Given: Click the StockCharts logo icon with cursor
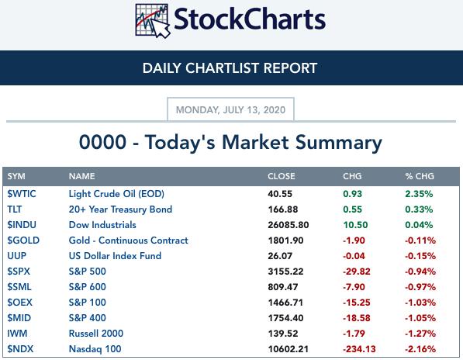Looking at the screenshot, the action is coord(153,21).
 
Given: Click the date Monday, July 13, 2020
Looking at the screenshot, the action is coord(230,110).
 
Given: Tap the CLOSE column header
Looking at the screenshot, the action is coord(281,176).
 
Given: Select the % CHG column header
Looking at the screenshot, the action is coord(420,176).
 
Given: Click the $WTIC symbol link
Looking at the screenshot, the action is coord(22,194).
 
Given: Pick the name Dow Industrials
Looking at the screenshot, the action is coord(102,225).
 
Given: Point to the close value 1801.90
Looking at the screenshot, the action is coord(285,241).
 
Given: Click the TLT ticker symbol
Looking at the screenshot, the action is coord(15,209).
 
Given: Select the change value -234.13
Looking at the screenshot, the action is coord(359,349).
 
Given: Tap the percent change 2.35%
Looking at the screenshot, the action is coord(419,194).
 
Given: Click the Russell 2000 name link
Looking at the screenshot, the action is coord(96,334).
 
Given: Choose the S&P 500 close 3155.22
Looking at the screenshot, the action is coord(285,272).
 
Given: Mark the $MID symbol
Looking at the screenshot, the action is coord(19,318).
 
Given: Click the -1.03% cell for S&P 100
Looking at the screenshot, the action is coord(420,303).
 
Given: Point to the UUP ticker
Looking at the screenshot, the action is coord(17,256).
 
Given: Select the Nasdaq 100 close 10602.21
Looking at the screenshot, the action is coord(289,349).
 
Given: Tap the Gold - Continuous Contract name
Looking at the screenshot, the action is coord(129,241).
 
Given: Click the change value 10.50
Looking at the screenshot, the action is coord(355,225).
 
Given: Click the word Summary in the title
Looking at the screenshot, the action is coord(339,143).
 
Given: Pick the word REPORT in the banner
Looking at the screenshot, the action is coord(290,68).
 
